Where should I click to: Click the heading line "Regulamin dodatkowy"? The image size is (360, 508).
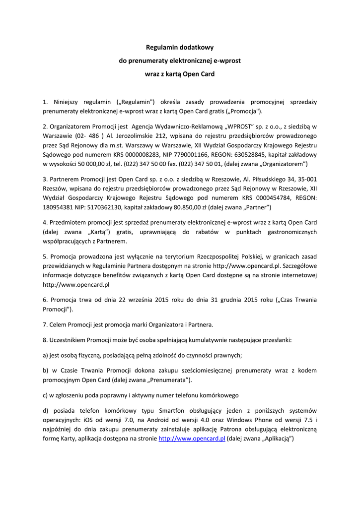(179, 48)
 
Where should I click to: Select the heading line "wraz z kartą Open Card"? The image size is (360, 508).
(179, 74)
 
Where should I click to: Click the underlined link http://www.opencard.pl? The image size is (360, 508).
(192, 439)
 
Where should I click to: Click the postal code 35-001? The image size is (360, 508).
(306, 179)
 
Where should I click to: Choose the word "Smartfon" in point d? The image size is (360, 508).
(175, 411)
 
